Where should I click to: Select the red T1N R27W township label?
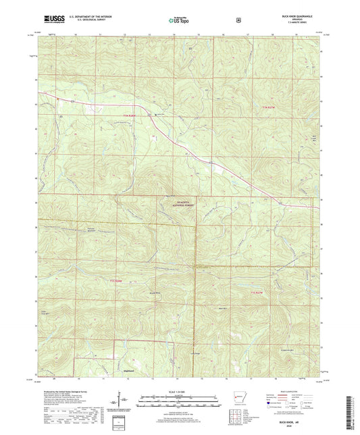point(269,107)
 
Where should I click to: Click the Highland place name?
point(126,371)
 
